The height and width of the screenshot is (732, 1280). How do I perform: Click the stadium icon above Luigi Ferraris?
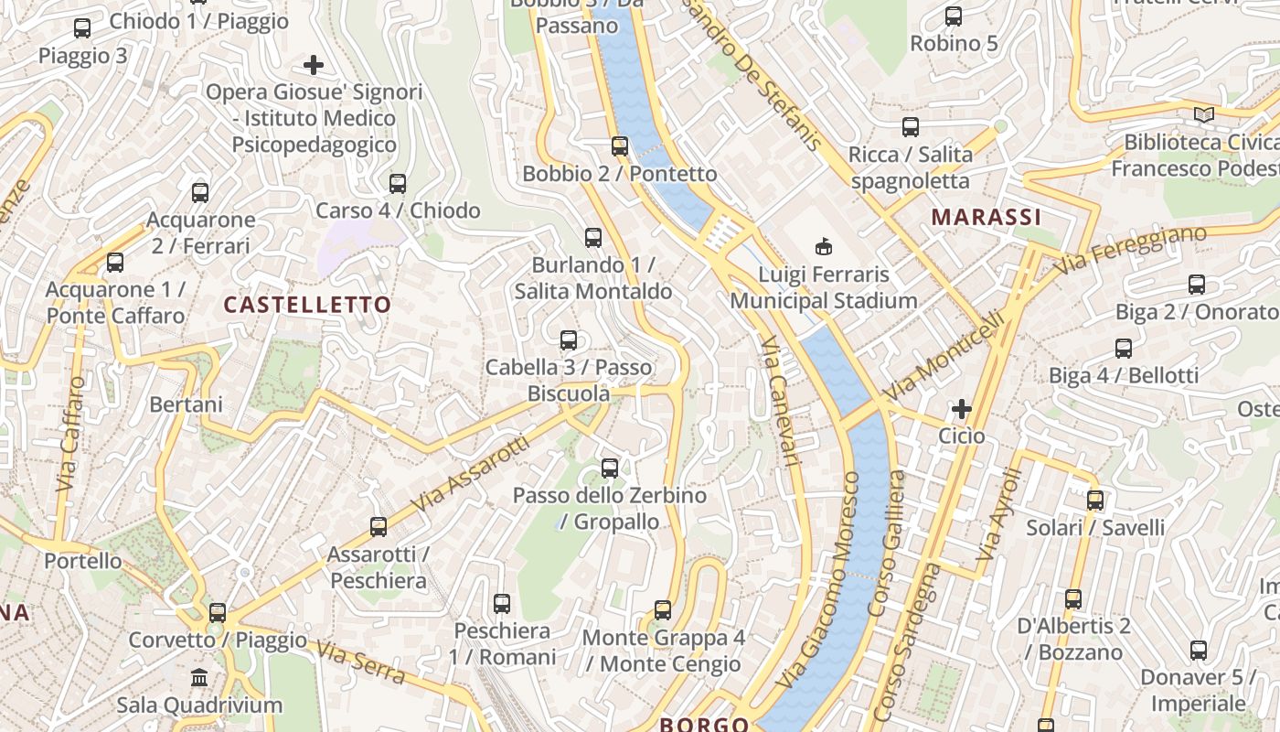824,246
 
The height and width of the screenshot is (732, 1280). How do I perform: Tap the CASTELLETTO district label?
307,305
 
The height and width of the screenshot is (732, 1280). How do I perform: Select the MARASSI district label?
987,217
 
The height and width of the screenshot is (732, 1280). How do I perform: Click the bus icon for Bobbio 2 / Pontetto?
620,145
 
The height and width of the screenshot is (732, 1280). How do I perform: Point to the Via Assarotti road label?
470,474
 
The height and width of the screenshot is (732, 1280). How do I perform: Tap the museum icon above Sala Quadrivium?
199,678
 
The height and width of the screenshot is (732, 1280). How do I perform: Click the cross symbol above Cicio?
961,409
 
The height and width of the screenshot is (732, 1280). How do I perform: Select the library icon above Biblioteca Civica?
1204,115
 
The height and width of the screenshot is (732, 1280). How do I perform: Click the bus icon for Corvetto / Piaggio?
218,612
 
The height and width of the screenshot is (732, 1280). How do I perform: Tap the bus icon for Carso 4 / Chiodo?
398,183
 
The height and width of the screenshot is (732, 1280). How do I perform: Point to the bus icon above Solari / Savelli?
1095,501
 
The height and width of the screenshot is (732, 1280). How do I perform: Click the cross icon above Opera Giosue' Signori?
314,65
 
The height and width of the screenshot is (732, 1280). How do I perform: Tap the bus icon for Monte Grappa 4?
663,609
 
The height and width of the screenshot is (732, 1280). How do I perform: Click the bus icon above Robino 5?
954,16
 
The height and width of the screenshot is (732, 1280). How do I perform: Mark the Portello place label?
83,561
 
